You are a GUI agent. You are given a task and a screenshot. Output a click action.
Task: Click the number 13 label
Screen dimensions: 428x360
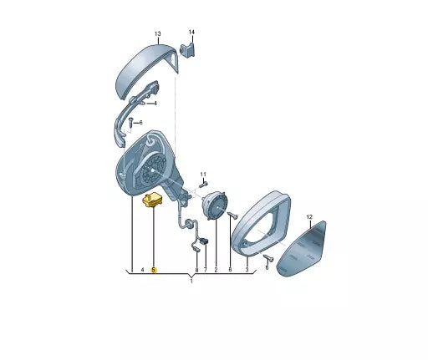tap(158, 33)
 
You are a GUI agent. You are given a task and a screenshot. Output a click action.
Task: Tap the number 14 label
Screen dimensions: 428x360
tap(191, 33)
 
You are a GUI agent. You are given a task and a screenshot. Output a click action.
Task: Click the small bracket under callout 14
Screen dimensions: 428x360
tap(188, 49)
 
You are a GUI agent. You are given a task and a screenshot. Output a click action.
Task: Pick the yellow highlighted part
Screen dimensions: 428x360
tap(153, 200)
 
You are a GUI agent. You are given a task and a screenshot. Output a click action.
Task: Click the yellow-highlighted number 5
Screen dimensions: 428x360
tap(154, 270)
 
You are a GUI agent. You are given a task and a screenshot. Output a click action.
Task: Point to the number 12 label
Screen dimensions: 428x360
tap(309, 217)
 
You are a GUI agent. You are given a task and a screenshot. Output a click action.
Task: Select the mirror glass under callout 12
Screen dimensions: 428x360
tap(302, 248)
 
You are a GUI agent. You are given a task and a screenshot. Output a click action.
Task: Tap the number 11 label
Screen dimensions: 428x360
tap(203, 175)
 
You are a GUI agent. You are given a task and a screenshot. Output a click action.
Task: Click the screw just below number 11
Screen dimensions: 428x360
tap(203, 185)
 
